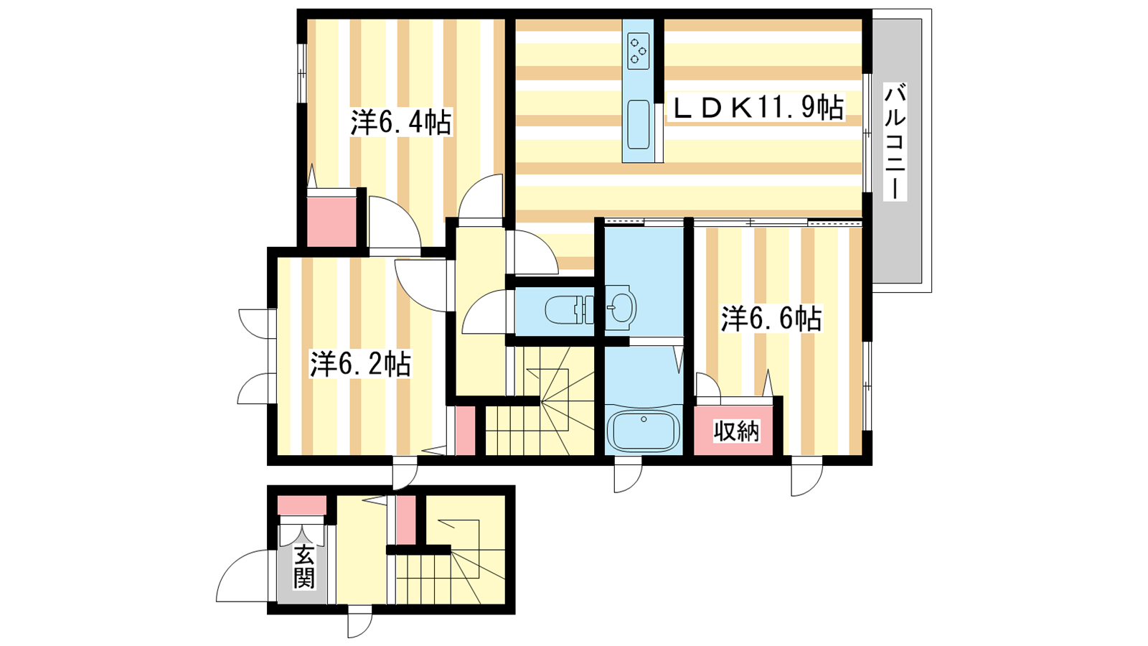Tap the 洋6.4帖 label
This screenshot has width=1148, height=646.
401,122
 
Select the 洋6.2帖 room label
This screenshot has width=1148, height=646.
359,363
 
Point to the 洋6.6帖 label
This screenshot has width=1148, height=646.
771,319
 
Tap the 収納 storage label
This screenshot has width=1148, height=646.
736,431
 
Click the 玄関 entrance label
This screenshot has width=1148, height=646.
304,567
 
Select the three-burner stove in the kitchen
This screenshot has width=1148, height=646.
638,51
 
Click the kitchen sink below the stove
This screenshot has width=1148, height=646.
638,124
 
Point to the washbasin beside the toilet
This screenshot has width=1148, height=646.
621,308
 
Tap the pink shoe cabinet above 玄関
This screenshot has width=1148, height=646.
302,505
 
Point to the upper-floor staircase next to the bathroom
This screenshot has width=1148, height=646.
540,401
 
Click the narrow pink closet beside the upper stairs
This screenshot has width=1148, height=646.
466,430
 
